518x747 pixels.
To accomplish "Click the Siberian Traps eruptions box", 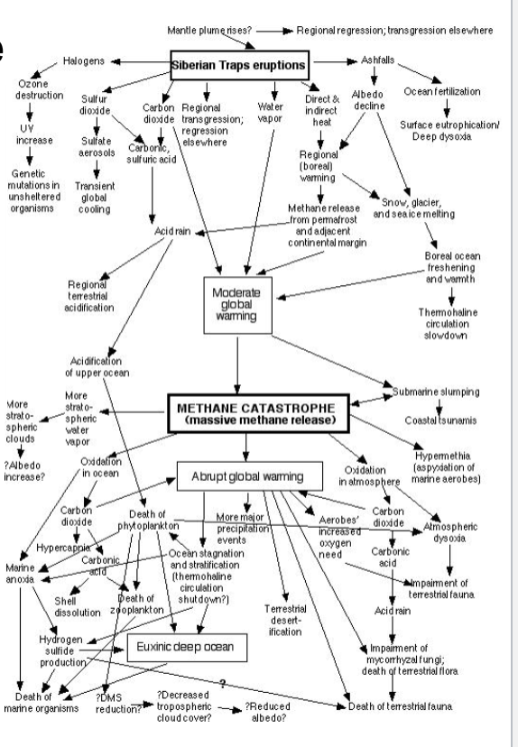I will [x=239, y=66].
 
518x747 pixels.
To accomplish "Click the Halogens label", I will [x=84, y=61].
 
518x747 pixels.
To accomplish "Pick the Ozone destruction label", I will [x=31, y=90].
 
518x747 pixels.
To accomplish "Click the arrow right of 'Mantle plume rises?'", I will [x=272, y=30].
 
